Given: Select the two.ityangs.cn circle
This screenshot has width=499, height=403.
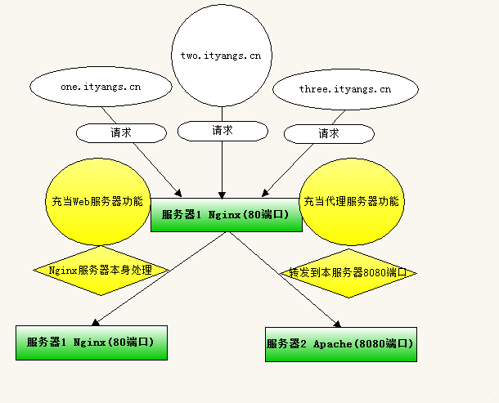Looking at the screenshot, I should tap(221, 55).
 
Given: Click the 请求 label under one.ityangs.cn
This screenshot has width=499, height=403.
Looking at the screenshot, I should tap(120, 132).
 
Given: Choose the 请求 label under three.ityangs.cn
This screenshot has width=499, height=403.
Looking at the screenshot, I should tap(329, 132).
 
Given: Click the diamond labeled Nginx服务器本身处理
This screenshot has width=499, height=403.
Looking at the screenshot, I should tap(101, 270).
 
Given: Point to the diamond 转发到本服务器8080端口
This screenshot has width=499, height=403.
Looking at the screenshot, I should tap(348, 272).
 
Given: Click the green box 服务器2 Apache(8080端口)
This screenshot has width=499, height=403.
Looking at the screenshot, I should tap(340, 343).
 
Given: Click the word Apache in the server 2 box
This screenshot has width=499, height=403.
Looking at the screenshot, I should tap(332, 344).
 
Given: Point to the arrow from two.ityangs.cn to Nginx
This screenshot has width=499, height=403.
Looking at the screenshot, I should tap(223, 168).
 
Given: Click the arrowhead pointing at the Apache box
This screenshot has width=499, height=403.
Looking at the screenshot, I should tap(335, 323).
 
